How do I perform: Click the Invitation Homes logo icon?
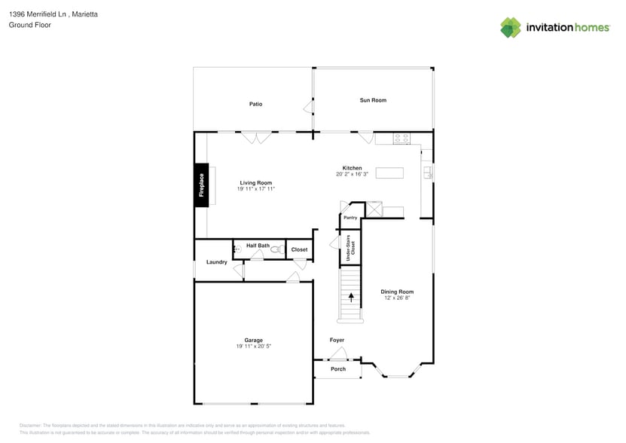click(x=511, y=27)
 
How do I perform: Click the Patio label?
click(x=256, y=104)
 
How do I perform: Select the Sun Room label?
click(x=373, y=100)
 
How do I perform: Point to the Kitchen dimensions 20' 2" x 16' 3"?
click(x=352, y=174)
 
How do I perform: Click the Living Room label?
click(x=256, y=183)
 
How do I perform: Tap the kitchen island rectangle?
click(x=389, y=173)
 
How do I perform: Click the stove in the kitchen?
click(x=402, y=139)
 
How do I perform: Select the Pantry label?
click(x=350, y=218)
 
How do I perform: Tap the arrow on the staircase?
click(x=351, y=298)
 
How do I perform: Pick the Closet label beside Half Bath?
click(x=299, y=249)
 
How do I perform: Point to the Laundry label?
click(x=217, y=262)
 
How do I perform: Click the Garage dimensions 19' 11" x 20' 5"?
click(x=253, y=347)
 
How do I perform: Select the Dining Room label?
click(x=397, y=292)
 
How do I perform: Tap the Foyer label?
click(x=337, y=341)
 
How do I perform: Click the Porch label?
click(x=338, y=369)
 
